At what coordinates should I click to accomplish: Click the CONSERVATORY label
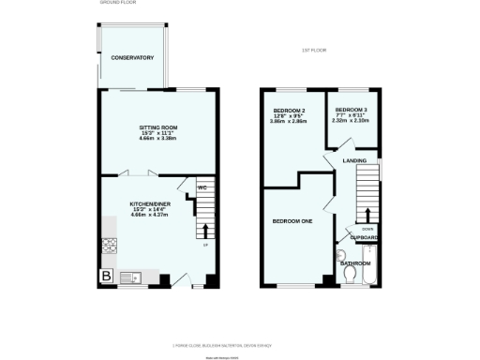pyautogui.click(x=132, y=58)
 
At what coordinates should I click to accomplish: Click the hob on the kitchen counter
pyautogui.click(x=108, y=246)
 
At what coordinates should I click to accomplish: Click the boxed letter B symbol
pyautogui.click(x=107, y=277)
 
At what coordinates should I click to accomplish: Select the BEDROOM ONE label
pyautogui.click(x=292, y=221)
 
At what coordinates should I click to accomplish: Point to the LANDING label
pyautogui.click(x=354, y=161)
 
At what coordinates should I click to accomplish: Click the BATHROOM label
pyautogui.click(x=356, y=263)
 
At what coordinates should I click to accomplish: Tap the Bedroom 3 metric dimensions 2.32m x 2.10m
pyautogui.click(x=351, y=119)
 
